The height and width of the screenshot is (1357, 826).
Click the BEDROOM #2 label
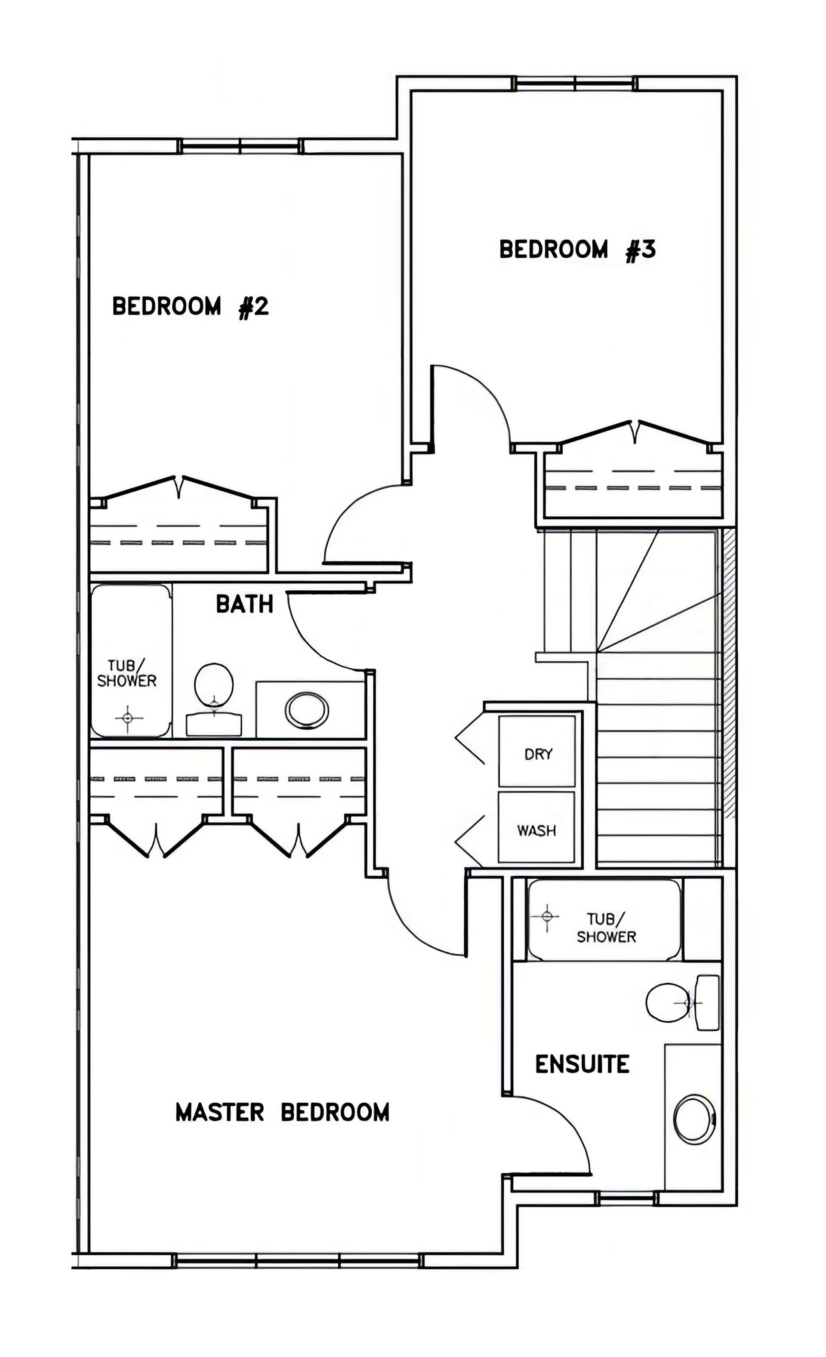(191, 306)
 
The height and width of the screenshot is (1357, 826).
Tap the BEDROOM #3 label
(577, 250)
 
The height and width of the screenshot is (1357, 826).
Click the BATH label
(244, 604)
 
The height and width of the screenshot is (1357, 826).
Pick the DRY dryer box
(537, 751)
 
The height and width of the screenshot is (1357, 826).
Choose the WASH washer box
(536, 827)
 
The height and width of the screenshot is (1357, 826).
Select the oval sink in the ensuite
(694, 1118)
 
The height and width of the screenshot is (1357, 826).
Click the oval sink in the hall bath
(307, 710)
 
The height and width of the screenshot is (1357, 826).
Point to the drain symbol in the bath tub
(128, 718)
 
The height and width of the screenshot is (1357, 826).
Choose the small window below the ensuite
(628, 1198)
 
